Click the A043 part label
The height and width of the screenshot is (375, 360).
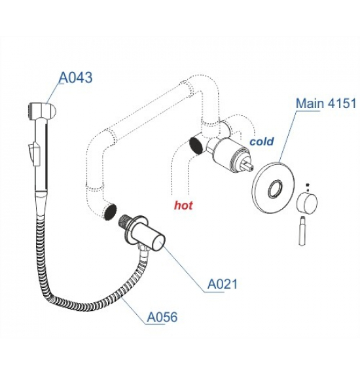75,77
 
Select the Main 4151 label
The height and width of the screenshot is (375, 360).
326,103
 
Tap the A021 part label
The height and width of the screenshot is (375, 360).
223,284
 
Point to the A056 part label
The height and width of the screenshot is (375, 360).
162,317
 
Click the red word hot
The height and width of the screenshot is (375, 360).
183,205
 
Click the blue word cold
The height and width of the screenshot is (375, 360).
262,141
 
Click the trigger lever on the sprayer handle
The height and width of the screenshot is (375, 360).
33,154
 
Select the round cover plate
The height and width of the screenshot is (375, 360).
273,187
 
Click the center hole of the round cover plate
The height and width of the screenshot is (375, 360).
276,188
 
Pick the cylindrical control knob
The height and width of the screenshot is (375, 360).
307,204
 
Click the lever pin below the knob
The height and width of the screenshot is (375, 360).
302,230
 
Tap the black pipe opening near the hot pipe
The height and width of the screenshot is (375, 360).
196,145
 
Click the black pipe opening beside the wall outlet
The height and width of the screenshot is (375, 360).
109,212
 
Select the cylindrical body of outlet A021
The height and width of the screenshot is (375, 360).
149,237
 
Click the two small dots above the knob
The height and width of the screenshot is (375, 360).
308,187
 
